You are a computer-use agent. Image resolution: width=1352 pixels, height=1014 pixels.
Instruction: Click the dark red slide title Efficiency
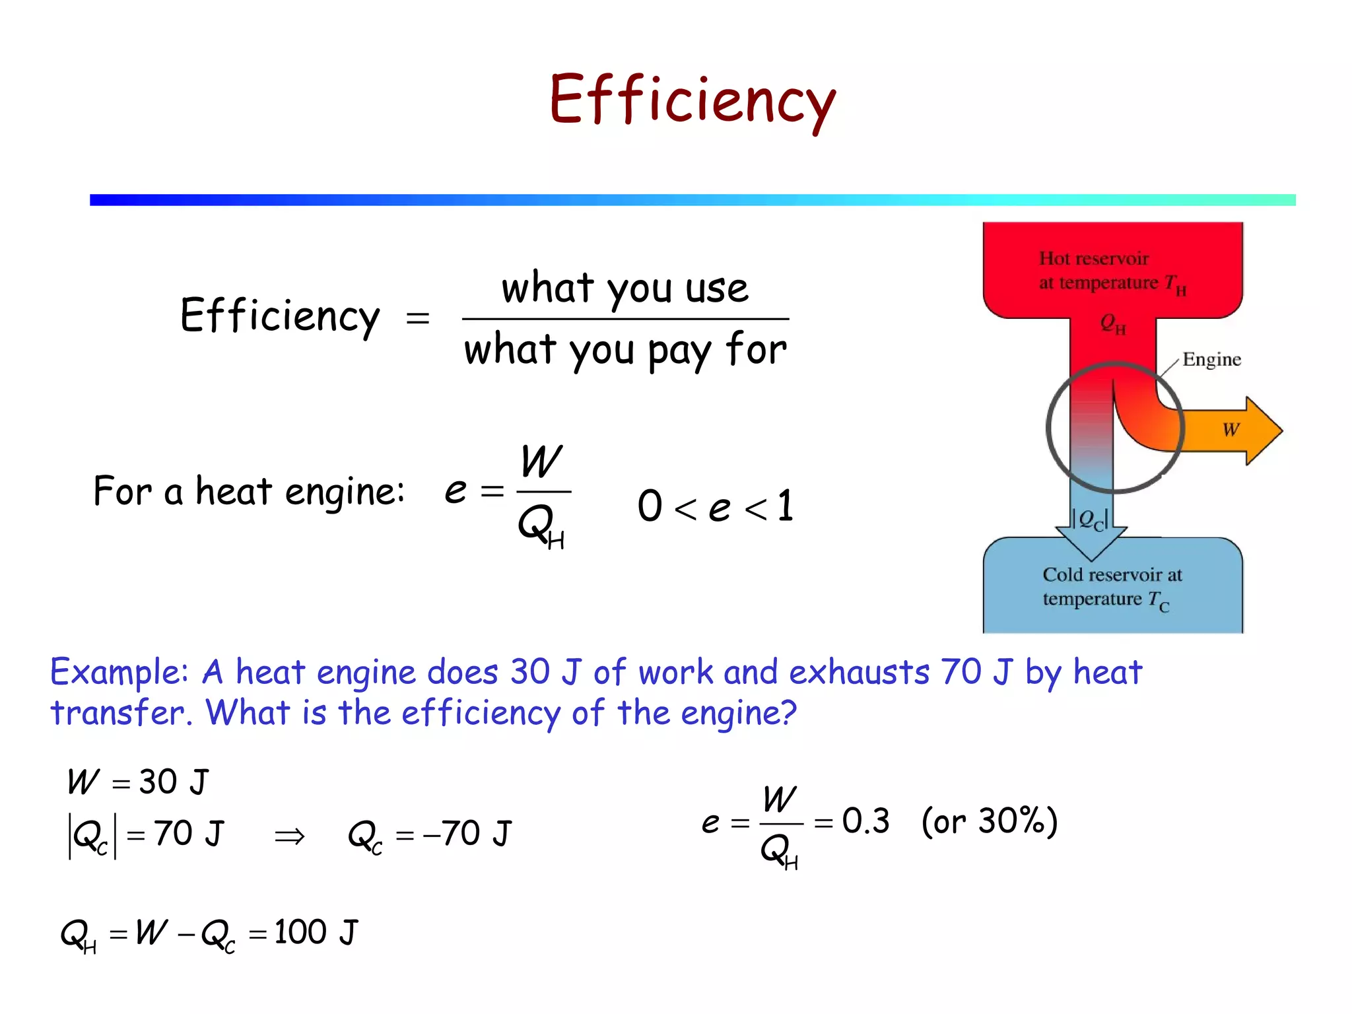coord(692,100)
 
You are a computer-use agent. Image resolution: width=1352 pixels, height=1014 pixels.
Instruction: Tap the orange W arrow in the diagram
coord(1232,430)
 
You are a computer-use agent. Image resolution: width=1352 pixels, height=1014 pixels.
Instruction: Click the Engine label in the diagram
coord(1211,359)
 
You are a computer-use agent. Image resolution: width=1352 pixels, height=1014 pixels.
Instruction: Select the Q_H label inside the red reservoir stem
coord(1112,323)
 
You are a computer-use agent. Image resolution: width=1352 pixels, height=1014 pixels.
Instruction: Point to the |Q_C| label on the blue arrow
coord(1090,519)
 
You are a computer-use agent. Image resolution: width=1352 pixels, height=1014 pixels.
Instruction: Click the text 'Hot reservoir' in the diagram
coord(1093,258)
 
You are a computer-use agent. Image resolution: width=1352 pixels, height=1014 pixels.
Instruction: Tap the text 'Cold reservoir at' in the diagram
coord(1112,574)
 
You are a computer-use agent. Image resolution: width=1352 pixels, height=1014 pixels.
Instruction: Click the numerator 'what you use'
coord(625,288)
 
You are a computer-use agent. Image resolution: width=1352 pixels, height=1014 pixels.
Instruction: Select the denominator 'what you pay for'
coord(625,350)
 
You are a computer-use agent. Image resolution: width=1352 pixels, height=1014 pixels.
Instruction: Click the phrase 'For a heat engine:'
coord(249,491)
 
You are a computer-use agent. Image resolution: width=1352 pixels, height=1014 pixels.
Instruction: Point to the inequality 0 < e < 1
coord(715,506)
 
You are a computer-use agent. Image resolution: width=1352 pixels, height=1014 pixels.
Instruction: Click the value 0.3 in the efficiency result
coord(865,821)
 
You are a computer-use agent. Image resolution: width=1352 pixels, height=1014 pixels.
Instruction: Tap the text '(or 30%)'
coord(989,821)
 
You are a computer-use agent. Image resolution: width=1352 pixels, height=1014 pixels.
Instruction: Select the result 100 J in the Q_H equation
coord(316,932)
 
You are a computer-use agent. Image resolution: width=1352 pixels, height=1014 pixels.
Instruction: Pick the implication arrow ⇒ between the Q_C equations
coord(290,836)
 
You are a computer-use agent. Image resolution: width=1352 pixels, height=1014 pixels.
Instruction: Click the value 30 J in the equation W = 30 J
coord(174,782)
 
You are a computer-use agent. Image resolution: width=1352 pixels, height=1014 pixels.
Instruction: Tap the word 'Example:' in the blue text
coord(119,672)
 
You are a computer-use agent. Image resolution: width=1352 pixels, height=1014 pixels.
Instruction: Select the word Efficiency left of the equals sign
coord(280,316)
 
